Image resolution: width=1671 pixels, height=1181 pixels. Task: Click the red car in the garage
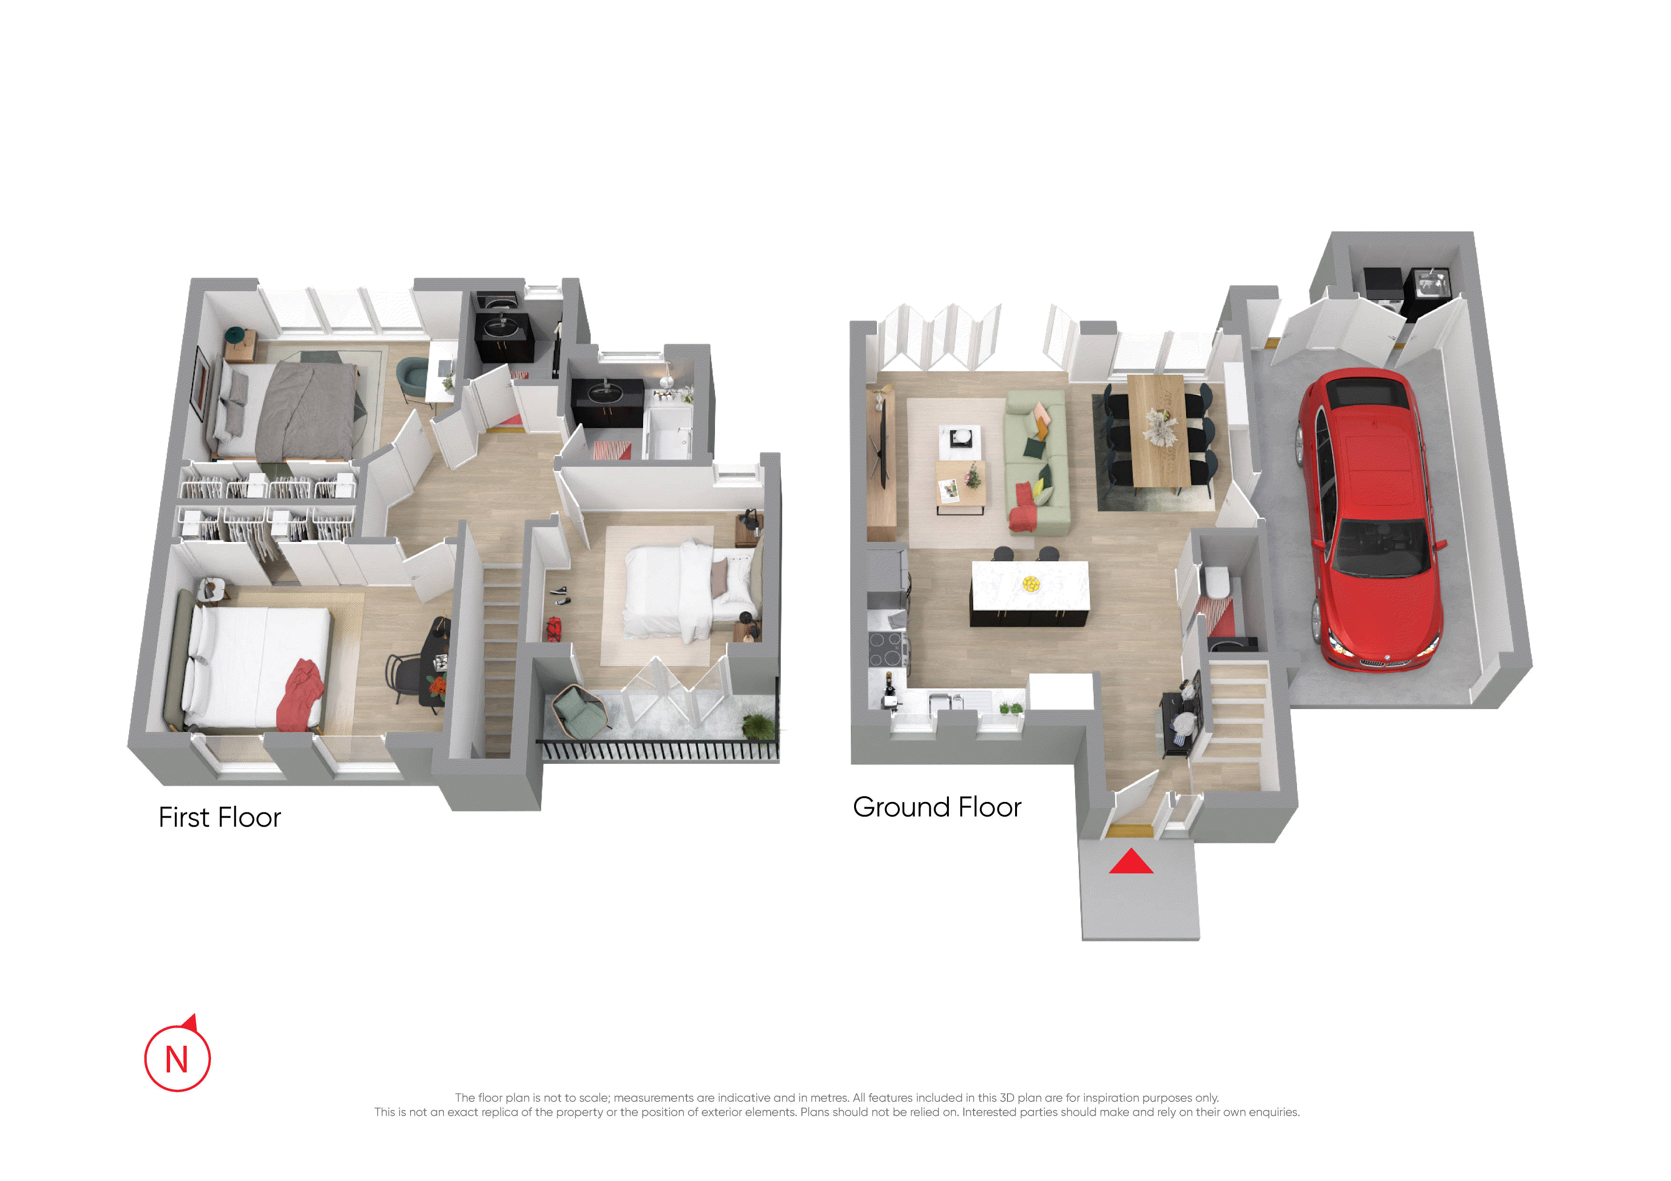1368,520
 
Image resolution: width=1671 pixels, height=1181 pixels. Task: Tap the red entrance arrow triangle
1131,861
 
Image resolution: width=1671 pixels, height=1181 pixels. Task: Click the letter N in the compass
177,1060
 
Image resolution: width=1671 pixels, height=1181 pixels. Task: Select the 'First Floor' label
220,817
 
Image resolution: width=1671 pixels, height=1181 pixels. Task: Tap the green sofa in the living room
1037,461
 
